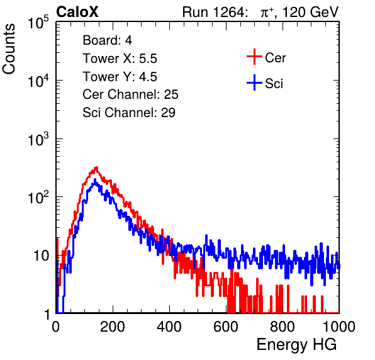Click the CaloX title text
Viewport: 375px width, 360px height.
(77, 12)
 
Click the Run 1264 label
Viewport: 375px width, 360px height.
(213, 12)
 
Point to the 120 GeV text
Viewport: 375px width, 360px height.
(310, 12)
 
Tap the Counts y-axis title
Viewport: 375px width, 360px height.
(9, 49)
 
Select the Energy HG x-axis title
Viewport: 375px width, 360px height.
(296, 344)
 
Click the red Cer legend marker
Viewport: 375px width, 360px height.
(254, 57)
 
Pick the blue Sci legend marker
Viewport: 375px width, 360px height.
(254, 82)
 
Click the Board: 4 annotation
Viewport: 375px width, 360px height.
(107, 40)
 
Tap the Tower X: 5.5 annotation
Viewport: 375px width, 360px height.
(120, 59)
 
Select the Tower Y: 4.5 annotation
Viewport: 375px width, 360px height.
(120, 77)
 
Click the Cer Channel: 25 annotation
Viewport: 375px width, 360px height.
(130, 94)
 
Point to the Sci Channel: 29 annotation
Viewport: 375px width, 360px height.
(129, 113)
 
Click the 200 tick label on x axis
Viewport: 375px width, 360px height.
(113, 327)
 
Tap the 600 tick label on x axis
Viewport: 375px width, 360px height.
(226, 327)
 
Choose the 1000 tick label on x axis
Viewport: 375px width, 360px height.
(339, 327)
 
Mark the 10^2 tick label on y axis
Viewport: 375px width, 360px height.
(38, 197)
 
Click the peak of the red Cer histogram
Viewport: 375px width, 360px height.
(96, 167)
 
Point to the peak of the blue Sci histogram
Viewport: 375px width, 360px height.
(95, 179)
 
